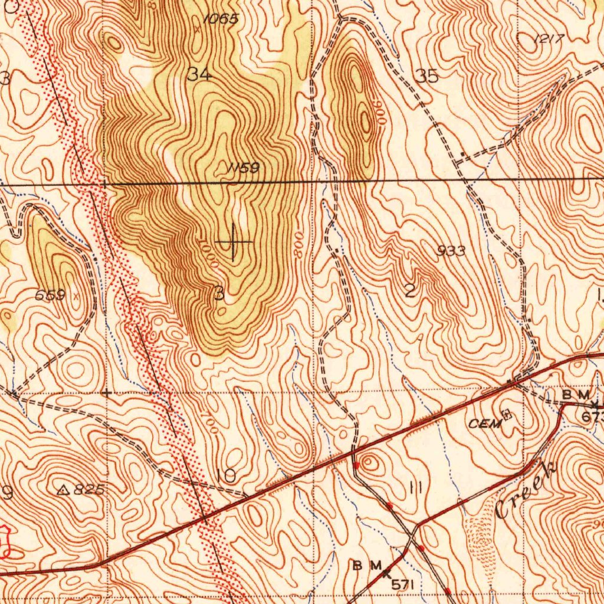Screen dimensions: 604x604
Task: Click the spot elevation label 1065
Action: (221, 19)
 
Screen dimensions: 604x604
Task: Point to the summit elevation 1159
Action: (244, 168)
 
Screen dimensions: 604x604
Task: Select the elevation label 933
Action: (451, 251)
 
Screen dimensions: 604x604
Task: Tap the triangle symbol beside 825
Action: (64, 489)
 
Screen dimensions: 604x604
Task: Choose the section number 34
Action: (199, 74)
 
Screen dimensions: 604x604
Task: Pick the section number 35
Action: (426, 76)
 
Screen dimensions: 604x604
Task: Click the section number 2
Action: (411, 290)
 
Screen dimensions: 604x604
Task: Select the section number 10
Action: (226, 475)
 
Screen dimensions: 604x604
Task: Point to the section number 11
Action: (415, 487)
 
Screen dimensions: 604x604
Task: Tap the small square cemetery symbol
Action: (505, 415)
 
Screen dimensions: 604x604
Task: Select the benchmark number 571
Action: (404, 584)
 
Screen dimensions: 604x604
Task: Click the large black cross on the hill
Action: (234, 242)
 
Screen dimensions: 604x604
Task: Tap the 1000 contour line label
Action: (208, 255)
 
